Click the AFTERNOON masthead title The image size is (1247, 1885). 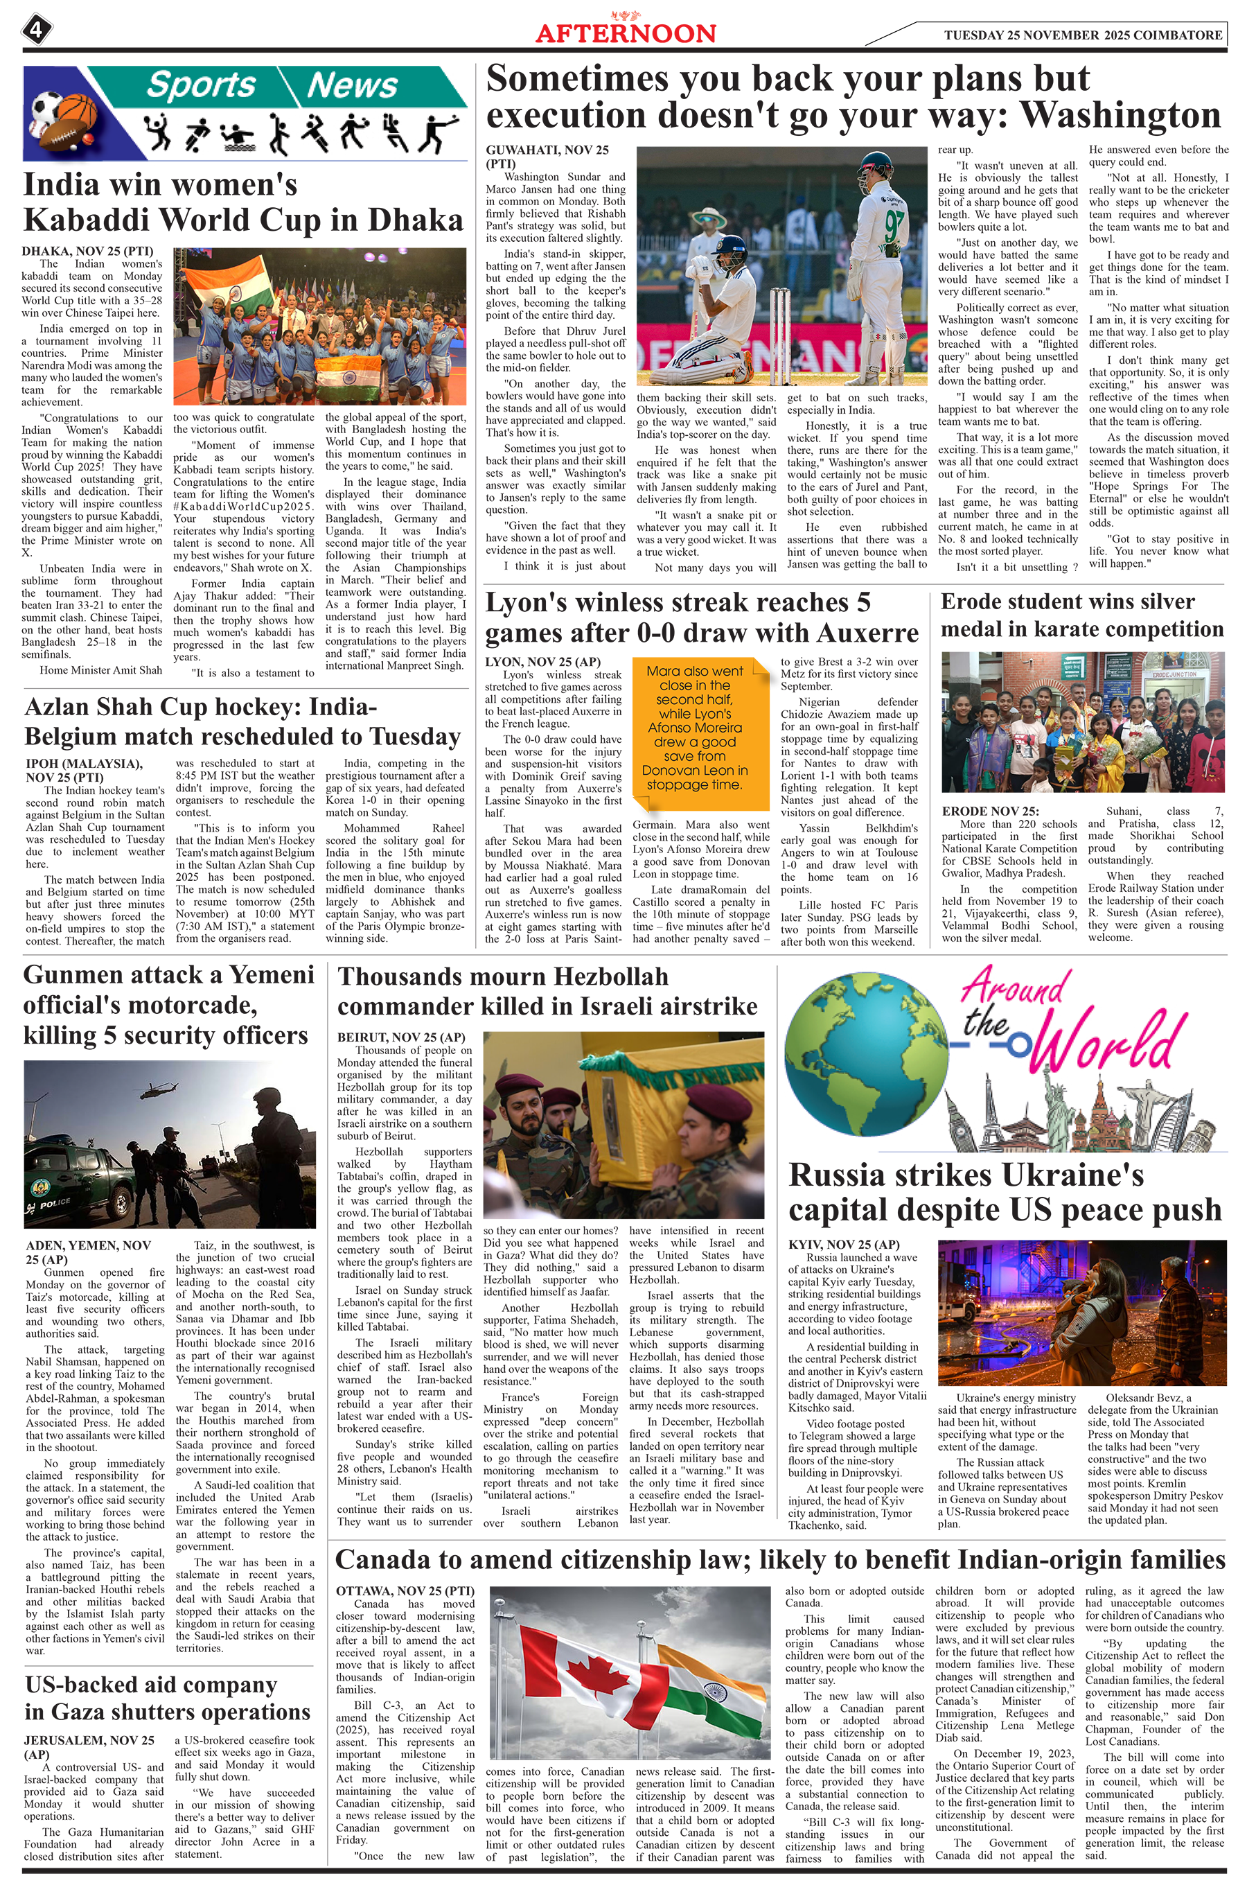click(625, 33)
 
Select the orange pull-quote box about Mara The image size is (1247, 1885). click(695, 728)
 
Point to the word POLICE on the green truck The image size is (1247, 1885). click(55, 1203)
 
